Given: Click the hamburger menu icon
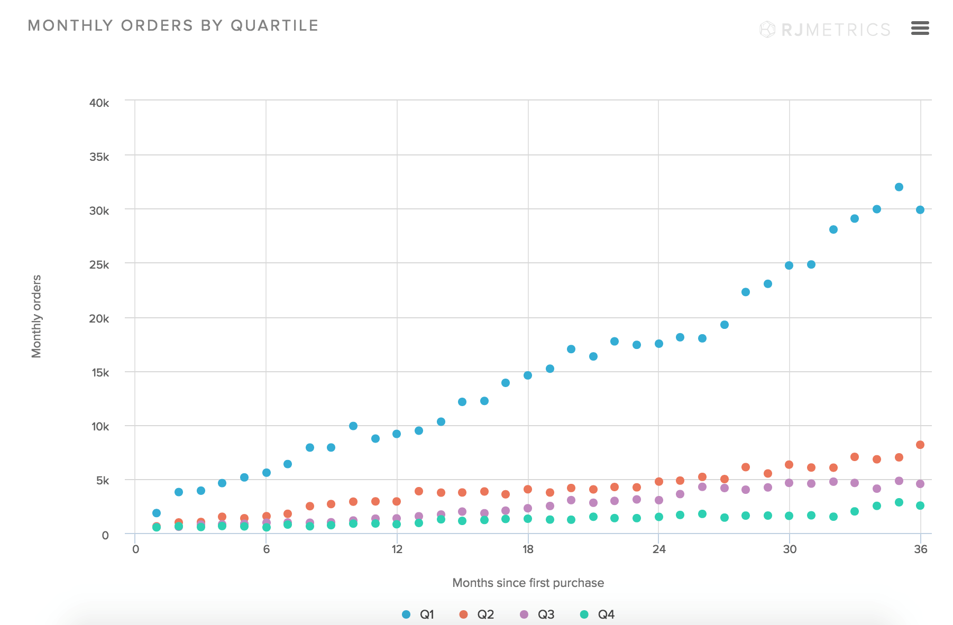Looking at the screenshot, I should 920,28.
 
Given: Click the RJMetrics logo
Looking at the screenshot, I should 825,30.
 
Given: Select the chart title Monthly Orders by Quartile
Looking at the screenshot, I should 173,25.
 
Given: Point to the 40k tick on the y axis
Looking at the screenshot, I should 99,103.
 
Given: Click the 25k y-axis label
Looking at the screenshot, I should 99,264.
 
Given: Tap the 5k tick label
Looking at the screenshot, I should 103,481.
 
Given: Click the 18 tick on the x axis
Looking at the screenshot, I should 528,549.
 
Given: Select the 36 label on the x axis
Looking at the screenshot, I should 920,549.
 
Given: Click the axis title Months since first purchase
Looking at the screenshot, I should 528,583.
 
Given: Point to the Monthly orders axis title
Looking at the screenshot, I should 36,316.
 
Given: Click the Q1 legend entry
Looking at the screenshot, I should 418,614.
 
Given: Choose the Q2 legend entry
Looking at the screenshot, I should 476,614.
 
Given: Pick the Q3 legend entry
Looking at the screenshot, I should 537,614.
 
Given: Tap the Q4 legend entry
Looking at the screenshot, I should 597,614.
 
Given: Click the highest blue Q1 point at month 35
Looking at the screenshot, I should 899,187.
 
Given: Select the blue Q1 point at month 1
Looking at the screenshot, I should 157,513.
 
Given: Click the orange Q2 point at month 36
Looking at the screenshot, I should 920,445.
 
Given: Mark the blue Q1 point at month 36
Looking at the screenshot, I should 920,210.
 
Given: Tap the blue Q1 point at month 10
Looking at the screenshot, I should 353,426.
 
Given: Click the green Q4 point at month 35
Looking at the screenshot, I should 899,502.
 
